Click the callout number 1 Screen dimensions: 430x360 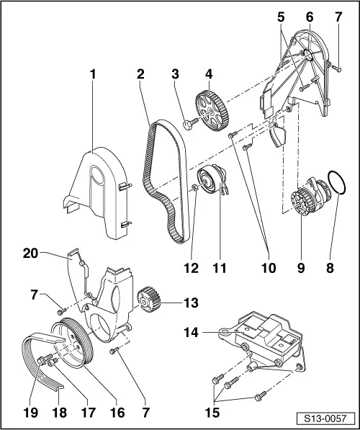pyautogui.click(x=91, y=73)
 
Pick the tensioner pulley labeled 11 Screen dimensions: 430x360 pyautogui.click(x=212, y=179)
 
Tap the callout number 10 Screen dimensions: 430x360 pyautogui.click(x=269, y=269)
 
